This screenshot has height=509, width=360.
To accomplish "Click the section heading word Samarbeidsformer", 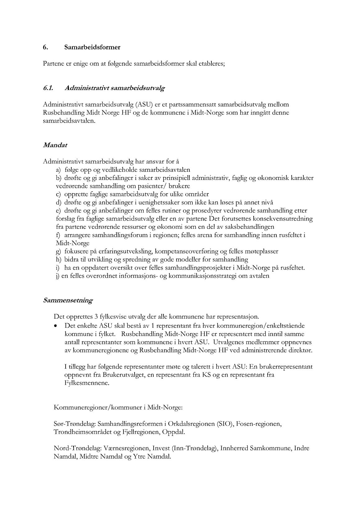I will click(92, 48).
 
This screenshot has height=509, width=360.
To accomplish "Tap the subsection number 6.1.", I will click(48, 88).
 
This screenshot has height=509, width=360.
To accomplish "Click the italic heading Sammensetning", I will click(68, 301).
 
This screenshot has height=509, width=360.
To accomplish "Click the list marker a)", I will click(58, 170).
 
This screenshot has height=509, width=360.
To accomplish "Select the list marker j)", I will click(58, 276).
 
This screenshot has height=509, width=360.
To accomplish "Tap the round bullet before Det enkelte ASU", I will click(56, 326).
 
